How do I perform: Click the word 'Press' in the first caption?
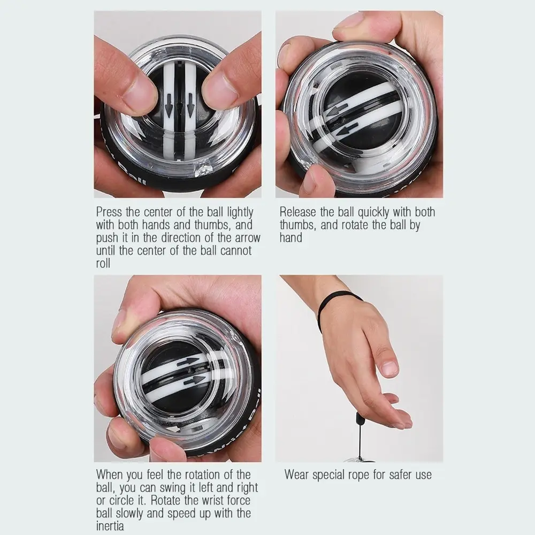(x=110, y=212)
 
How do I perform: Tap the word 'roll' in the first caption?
(x=103, y=264)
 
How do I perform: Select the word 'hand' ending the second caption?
(x=291, y=238)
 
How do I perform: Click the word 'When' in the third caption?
(x=110, y=475)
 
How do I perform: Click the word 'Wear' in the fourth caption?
(x=298, y=475)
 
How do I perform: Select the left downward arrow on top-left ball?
(x=169, y=107)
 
